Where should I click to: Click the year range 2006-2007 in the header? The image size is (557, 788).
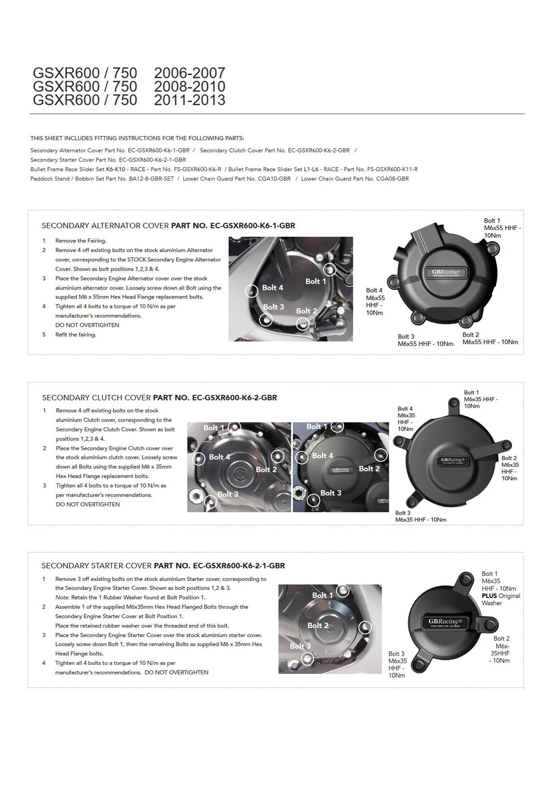pyautogui.click(x=189, y=73)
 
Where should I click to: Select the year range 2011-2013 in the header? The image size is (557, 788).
pyautogui.click(x=189, y=100)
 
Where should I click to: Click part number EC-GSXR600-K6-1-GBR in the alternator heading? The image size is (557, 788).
pyautogui.click(x=233, y=226)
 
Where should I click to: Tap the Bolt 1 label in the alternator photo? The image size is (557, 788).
pyautogui.click(x=315, y=281)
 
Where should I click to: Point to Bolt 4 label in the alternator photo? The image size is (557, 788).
pyautogui.click(x=272, y=287)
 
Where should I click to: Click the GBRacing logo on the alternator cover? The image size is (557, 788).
pyautogui.click(x=446, y=272)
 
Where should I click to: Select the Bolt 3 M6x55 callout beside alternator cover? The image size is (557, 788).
pyautogui.click(x=425, y=340)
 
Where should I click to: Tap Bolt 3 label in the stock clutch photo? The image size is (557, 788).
pyautogui.click(x=227, y=494)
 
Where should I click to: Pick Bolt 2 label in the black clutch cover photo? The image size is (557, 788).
pyautogui.click(x=369, y=469)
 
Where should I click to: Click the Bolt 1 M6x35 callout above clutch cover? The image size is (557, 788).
pyautogui.click(x=480, y=399)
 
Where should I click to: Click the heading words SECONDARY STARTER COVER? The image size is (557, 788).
pyautogui.click(x=96, y=565)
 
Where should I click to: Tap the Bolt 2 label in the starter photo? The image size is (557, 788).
pyautogui.click(x=317, y=625)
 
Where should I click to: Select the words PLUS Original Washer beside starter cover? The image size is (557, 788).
pyautogui.click(x=500, y=599)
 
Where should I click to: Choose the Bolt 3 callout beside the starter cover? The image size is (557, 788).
pyautogui.click(x=397, y=664)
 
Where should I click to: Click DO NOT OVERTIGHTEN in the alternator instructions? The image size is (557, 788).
pyautogui.click(x=87, y=325)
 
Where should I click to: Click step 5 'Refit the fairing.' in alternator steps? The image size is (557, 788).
pyautogui.click(x=76, y=335)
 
